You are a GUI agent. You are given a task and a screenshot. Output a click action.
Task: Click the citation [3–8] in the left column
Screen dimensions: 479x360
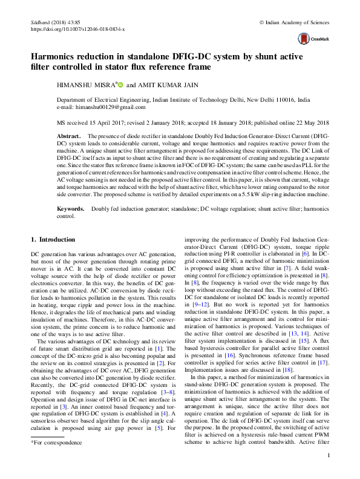point(162,383)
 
